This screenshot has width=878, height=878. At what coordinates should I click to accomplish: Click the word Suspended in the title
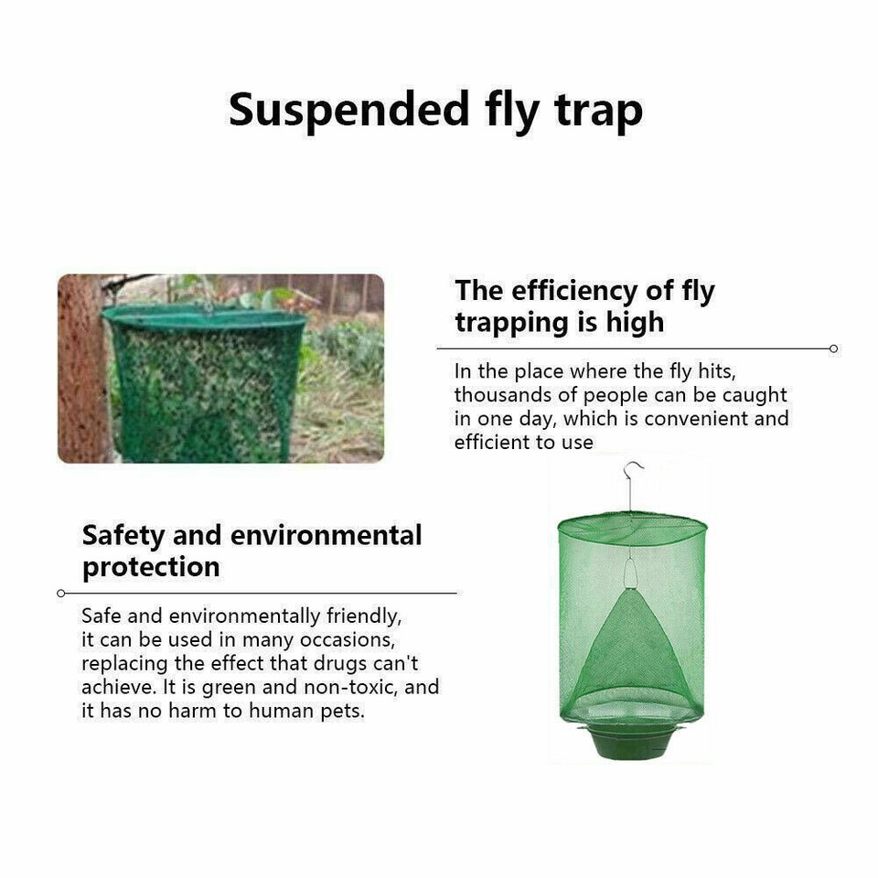coord(348,110)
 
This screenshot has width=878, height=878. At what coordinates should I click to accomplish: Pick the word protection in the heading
coord(151,567)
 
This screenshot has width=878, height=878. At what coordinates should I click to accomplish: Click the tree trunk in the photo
coord(82,366)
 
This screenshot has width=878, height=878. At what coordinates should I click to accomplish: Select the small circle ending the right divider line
coord(833,348)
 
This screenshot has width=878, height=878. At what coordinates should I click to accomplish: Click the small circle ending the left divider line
coord(61,593)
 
